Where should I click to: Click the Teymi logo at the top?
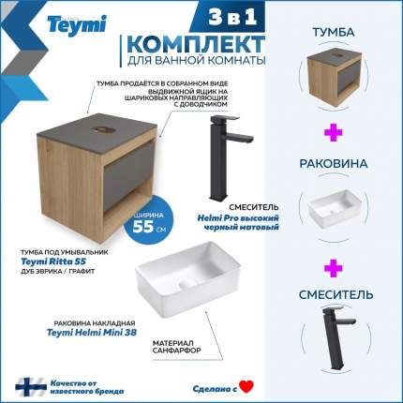pyautogui.click(x=77, y=24)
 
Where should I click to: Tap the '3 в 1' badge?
pyautogui.click(x=232, y=17)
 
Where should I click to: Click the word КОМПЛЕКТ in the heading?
pyautogui.click(x=196, y=44)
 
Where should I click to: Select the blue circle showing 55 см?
pyautogui.click(x=148, y=220)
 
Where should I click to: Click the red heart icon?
pyautogui.click(x=246, y=387)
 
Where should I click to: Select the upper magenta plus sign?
pyautogui.click(x=333, y=132)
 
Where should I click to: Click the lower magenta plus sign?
pyautogui.click(x=333, y=268)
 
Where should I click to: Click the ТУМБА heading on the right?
pyautogui.click(x=334, y=32)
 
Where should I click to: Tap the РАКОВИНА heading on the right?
pyautogui.click(x=334, y=164)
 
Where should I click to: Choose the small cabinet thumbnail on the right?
pyautogui.click(x=335, y=77)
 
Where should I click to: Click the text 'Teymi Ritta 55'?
pyautogui.click(x=53, y=261)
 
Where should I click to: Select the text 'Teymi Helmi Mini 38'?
pyautogui.click(x=92, y=333)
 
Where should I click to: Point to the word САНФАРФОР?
pyautogui.click(x=176, y=351)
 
